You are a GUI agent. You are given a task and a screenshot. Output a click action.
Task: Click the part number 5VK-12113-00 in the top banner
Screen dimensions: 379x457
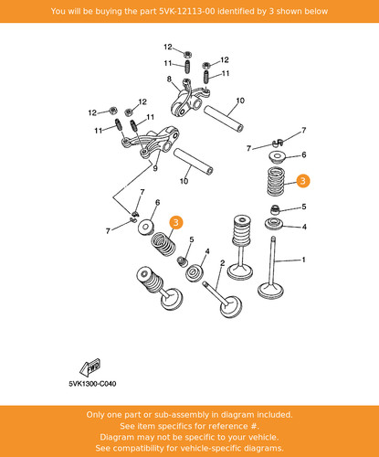point(186,11)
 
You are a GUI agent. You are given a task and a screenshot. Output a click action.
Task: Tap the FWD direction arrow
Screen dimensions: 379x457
point(90,367)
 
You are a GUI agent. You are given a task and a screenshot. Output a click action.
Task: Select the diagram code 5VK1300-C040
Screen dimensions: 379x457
point(92,384)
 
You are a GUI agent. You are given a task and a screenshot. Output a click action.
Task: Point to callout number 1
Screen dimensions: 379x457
point(303,260)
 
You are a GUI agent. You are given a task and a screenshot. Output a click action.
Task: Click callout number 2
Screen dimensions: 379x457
point(223,262)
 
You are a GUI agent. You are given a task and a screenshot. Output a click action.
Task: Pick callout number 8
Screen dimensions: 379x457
point(169,80)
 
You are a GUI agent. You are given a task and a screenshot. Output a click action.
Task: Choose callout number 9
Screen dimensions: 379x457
point(155,168)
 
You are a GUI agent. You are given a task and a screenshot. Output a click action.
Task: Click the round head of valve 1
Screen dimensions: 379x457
point(270,291)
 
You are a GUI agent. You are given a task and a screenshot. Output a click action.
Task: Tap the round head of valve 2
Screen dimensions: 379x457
point(231,307)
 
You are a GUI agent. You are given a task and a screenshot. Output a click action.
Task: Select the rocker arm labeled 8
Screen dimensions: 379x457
point(189,99)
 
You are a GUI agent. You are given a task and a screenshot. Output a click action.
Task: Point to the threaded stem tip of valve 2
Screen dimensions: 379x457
point(205,284)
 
